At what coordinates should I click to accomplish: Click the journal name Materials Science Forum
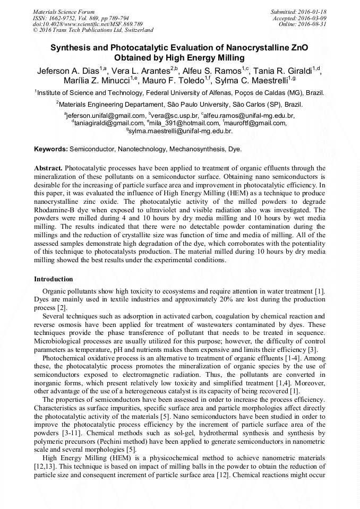coord(64,11)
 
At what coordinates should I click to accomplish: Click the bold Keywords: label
coord(51,149)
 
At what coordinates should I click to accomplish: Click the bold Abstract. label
coord(49,168)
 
